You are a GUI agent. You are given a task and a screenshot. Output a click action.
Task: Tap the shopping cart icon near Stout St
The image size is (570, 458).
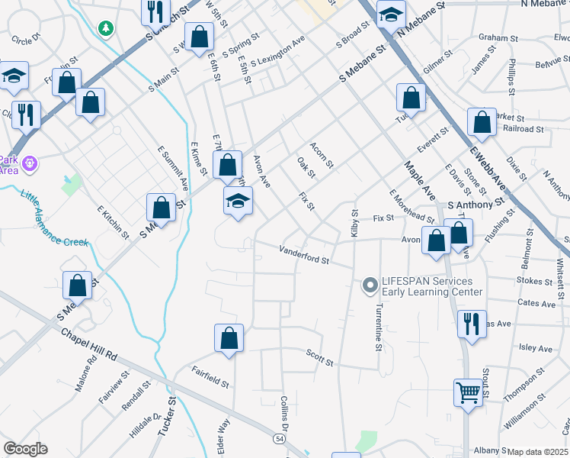tap(469, 393)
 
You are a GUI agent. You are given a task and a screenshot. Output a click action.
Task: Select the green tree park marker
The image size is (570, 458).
tap(105, 28)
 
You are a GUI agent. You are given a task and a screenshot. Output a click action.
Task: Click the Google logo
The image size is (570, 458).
tap(25, 449)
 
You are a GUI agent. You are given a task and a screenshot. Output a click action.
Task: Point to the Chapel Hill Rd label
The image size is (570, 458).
tap(90, 344)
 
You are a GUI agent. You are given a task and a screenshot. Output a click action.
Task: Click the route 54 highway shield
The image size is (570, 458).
tap(280, 439)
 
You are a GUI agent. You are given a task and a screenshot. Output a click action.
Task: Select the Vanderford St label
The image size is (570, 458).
tap(303, 254)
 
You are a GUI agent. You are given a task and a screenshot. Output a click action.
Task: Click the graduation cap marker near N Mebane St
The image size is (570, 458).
tap(391, 14)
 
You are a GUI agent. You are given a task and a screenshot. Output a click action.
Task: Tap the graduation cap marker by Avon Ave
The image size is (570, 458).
tap(238, 201)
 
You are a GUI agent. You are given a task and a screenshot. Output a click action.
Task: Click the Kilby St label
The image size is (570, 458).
tap(354, 223)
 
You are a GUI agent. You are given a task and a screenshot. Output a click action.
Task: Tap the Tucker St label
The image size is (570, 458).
tap(167, 415)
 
